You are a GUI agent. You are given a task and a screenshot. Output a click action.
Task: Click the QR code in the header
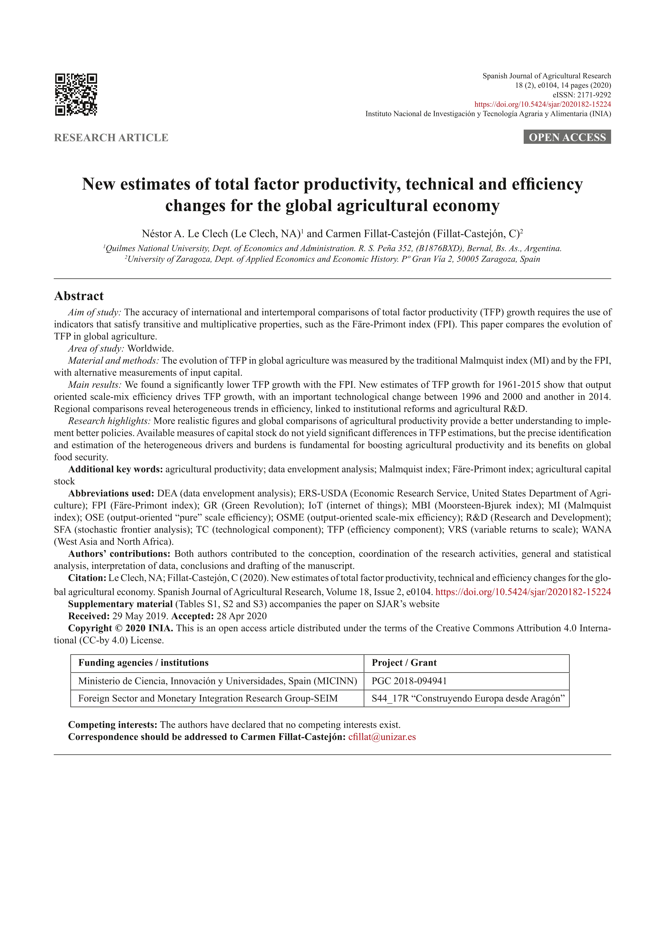tap(76, 95)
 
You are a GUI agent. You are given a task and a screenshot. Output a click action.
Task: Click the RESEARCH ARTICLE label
tap(111, 138)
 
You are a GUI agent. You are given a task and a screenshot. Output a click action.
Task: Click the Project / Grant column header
tap(404, 663)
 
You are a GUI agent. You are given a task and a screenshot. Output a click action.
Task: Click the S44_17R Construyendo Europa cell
tap(468, 698)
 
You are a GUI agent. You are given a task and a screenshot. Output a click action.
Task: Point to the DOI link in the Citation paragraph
tap(523, 592)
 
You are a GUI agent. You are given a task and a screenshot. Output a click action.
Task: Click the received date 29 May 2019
tap(139, 616)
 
